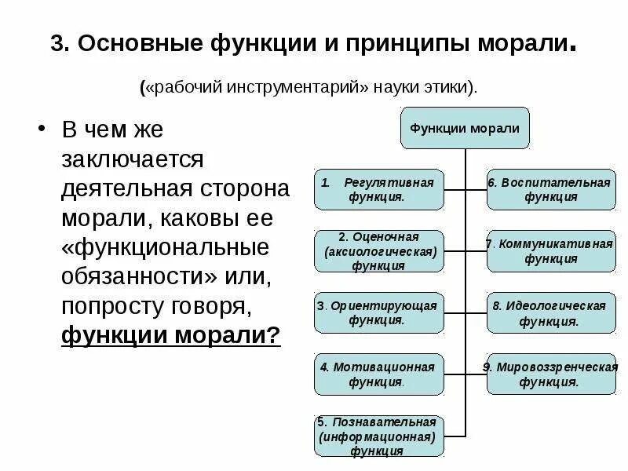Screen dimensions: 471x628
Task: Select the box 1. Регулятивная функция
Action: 379,189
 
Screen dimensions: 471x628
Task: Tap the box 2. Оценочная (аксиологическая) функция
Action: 379,251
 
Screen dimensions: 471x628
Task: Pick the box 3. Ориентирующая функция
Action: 379,312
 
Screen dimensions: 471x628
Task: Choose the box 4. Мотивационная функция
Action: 379,374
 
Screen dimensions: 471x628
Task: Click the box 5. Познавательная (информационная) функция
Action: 379,436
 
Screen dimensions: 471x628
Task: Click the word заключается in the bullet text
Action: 132,159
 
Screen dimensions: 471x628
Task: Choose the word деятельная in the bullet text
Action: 120,188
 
